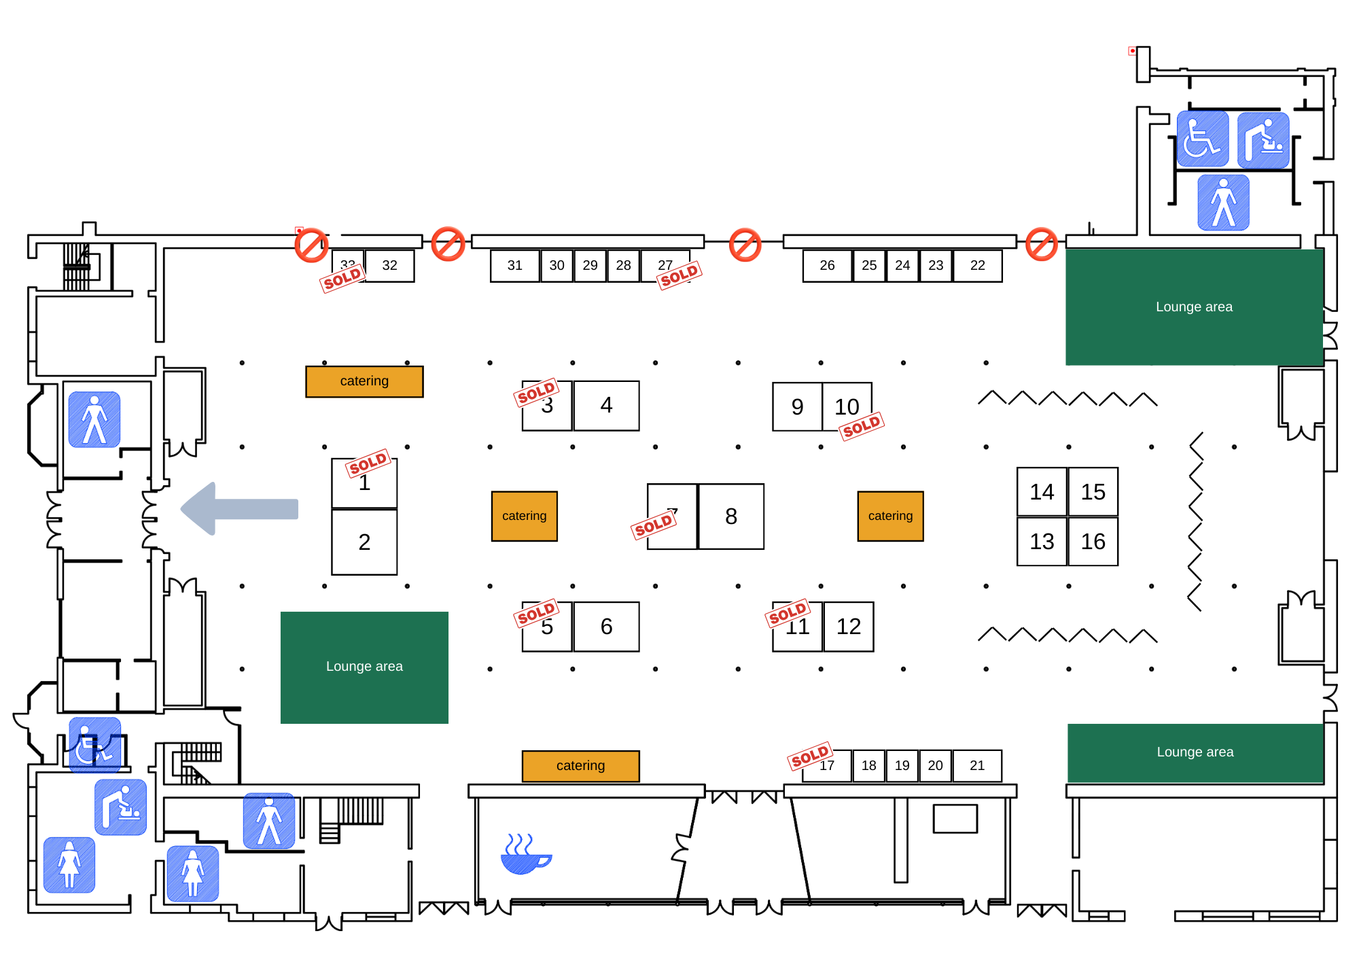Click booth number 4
point(606,406)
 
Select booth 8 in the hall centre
point(731,517)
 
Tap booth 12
point(849,627)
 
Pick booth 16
point(1093,542)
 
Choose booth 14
point(1042,491)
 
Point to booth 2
point(364,542)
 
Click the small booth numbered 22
point(977,266)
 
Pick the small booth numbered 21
point(977,766)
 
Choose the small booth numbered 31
point(515,266)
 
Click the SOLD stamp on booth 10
point(862,427)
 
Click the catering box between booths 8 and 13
point(890,517)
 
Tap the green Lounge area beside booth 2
point(364,667)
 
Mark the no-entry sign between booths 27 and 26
point(745,245)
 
